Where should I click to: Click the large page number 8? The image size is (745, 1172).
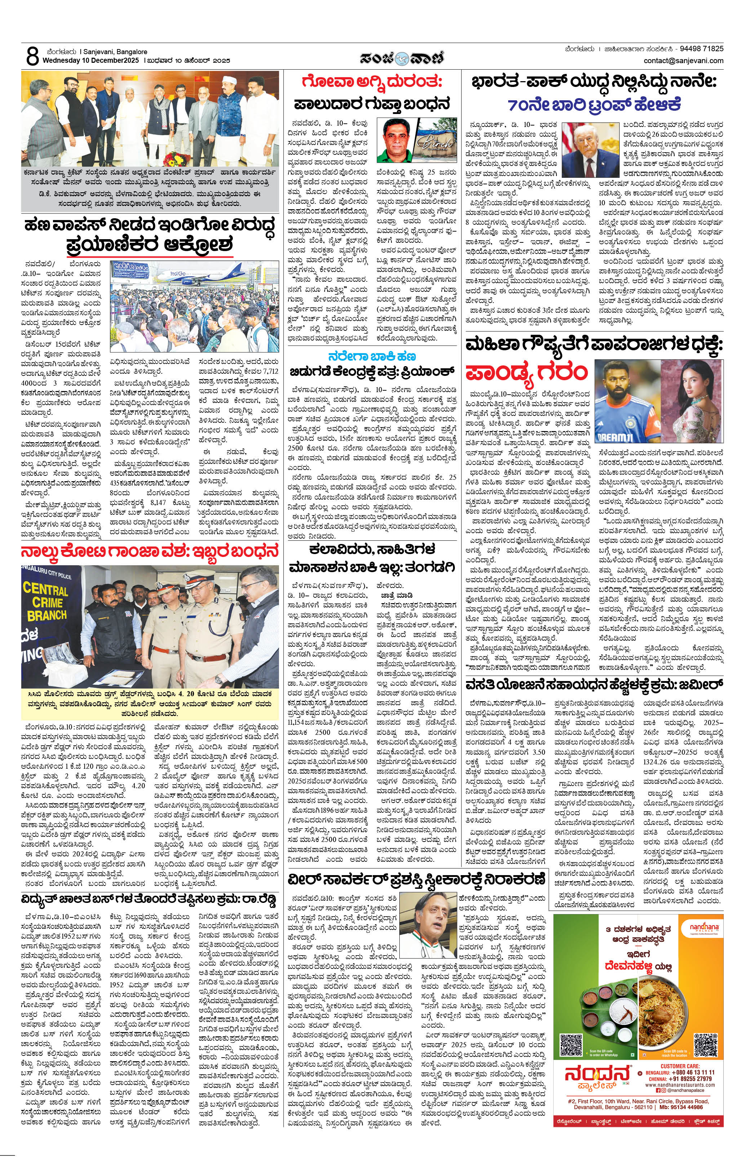click(x=32, y=57)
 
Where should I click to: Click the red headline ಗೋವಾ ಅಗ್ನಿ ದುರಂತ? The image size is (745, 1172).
click(x=372, y=81)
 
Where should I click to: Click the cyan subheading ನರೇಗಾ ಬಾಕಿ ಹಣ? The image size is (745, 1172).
click(x=372, y=356)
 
